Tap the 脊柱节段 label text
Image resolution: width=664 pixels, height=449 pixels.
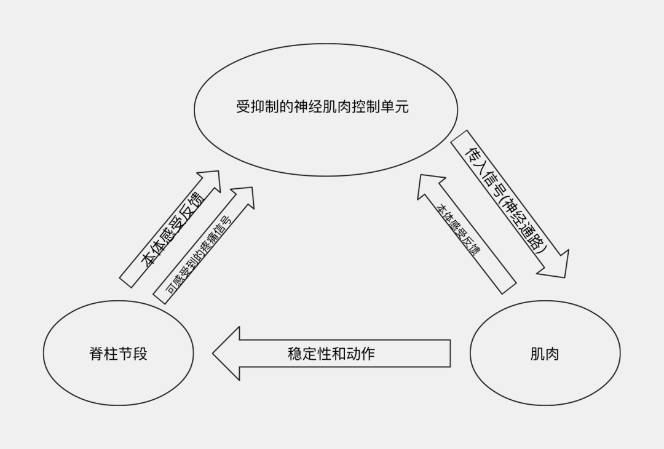pyautogui.click(x=119, y=354)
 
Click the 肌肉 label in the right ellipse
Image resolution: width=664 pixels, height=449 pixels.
pyautogui.click(x=545, y=354)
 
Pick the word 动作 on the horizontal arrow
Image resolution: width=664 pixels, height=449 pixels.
pyautogui.click(x=360, y=354)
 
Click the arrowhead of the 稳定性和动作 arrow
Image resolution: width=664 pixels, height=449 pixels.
pyautogui.click(x=227, y=354)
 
